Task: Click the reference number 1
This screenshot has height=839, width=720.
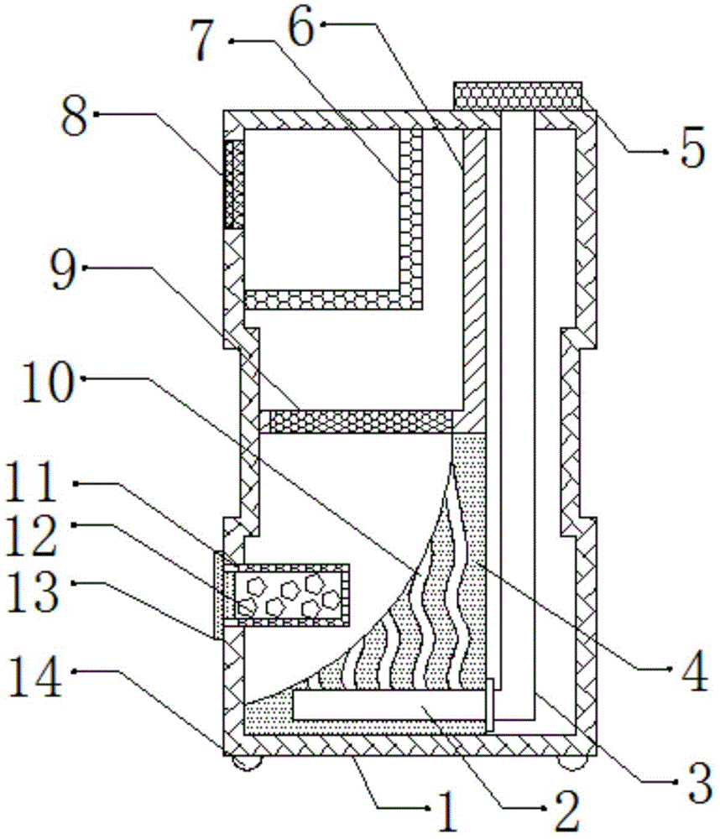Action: (444, 811)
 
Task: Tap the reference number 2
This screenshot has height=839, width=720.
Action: (560, 811)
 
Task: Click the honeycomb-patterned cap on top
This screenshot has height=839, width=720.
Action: (517, 96)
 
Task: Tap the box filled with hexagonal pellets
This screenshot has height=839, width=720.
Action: (290, 595)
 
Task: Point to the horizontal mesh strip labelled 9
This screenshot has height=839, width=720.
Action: (356, 422)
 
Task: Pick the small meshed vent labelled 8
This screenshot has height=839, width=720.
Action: (232, 184)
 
